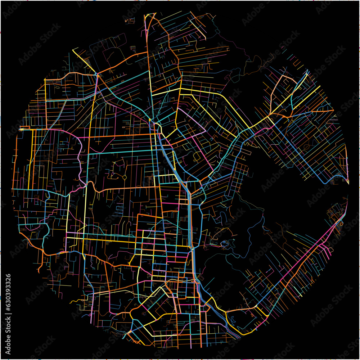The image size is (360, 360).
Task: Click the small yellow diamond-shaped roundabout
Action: [x=125, y=177]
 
